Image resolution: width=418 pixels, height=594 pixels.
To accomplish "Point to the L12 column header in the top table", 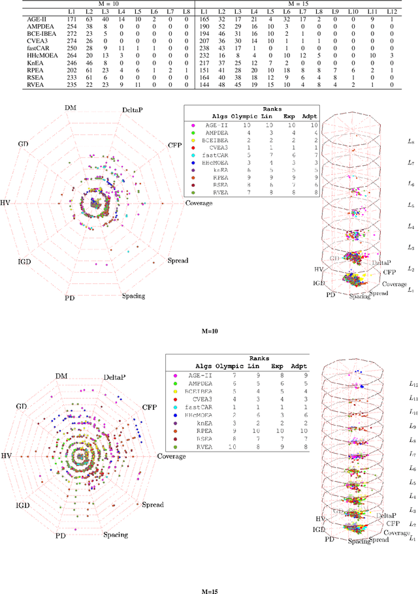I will [408, 12].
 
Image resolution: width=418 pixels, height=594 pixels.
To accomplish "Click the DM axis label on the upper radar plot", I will [70, 108].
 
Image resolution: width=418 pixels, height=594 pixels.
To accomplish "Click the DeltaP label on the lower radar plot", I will [117, 377].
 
